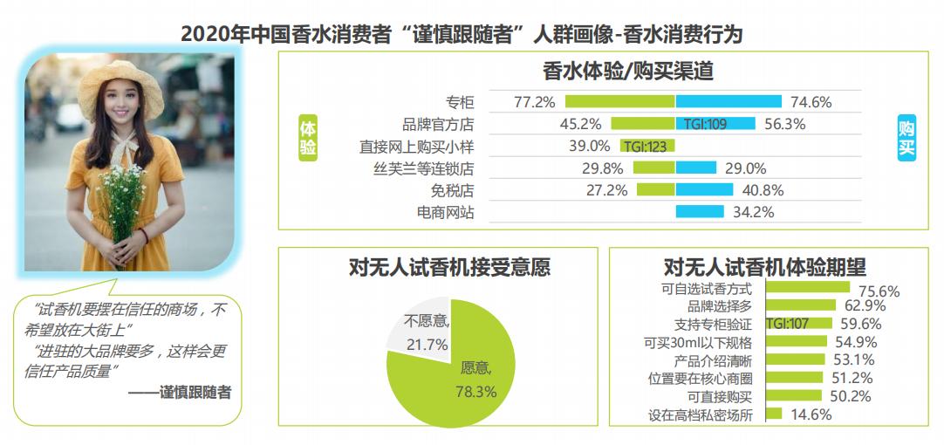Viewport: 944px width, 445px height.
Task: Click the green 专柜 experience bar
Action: point(619,101)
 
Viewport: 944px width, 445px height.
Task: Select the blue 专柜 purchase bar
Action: point(729,101)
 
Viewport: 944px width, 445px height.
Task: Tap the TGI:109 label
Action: point(705,124)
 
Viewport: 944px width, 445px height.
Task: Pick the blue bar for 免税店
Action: point(704,189)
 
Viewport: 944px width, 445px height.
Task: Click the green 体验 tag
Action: point(307,137)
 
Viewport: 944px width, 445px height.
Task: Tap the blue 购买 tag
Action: point(906,137)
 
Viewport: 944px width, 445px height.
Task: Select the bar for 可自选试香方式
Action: point(808,287)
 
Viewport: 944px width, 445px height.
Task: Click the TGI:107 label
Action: point(787,324)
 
